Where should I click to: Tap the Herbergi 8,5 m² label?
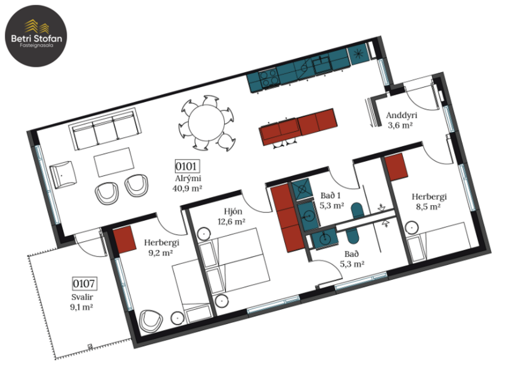pyautogui.click(x=429, y=202)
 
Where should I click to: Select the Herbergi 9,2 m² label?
pyautogui.click(x=162, y=248)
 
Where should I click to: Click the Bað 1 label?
pyautogui.click(x=332, y=200)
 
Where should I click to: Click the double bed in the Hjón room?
pyautogui.click(x=236, y=264)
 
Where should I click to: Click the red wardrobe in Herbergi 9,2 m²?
pyautogui.click(x=126, y=239)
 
